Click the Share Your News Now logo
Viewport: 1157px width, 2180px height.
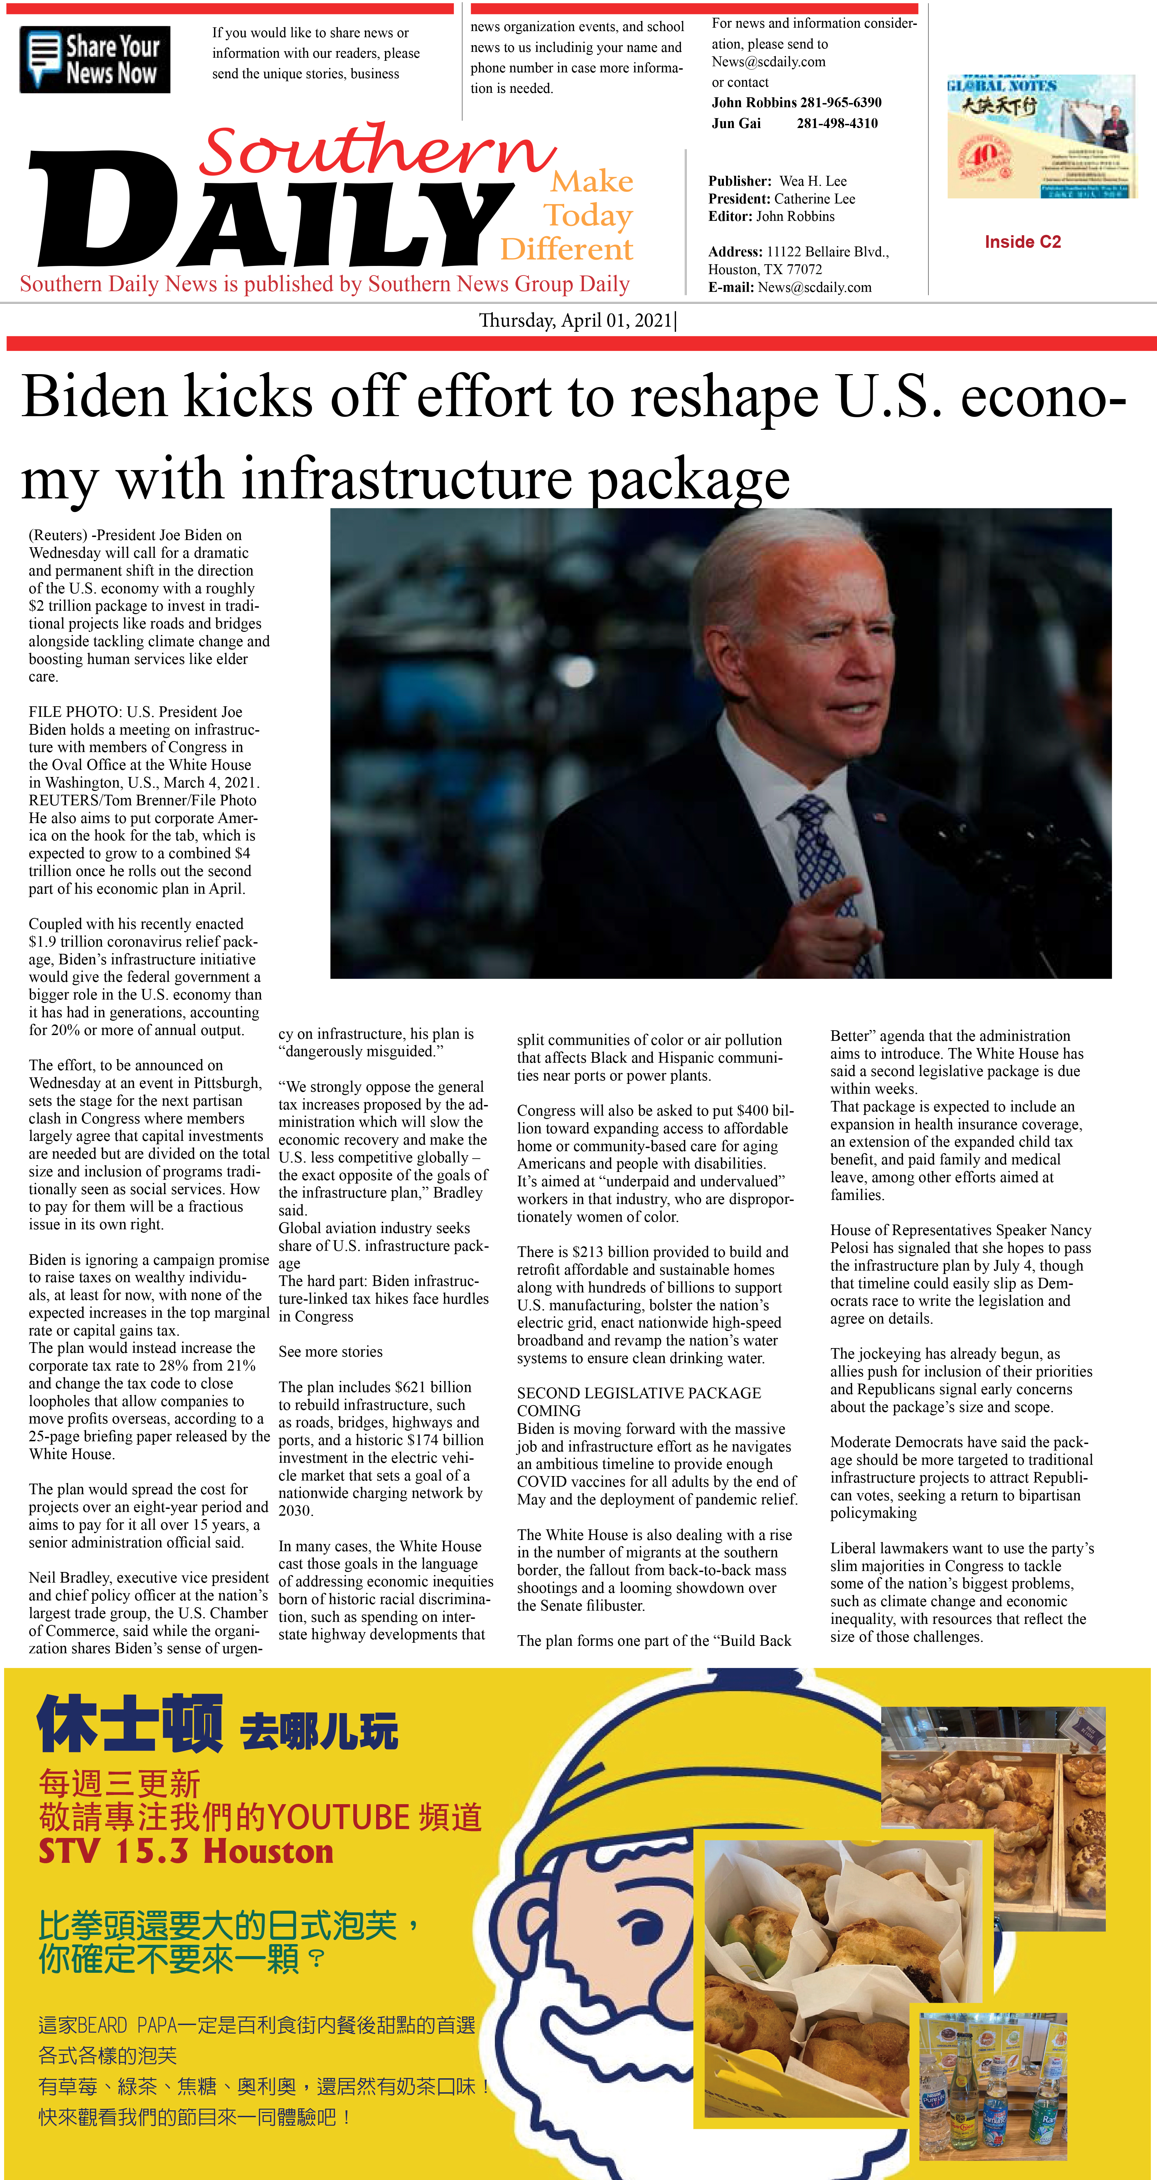pos(95,59)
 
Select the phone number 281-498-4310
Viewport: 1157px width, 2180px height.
pos(837,124)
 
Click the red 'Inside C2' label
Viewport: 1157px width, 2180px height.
pos(1023,242)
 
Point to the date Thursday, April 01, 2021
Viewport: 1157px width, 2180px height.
pos(575,321)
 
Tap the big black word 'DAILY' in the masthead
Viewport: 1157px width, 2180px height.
pos(271,212)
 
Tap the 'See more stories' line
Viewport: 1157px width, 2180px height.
pos(330,1351)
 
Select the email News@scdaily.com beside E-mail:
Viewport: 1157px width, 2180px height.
pos(814,288)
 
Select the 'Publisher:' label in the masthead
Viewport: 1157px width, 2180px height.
pos(740,181)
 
